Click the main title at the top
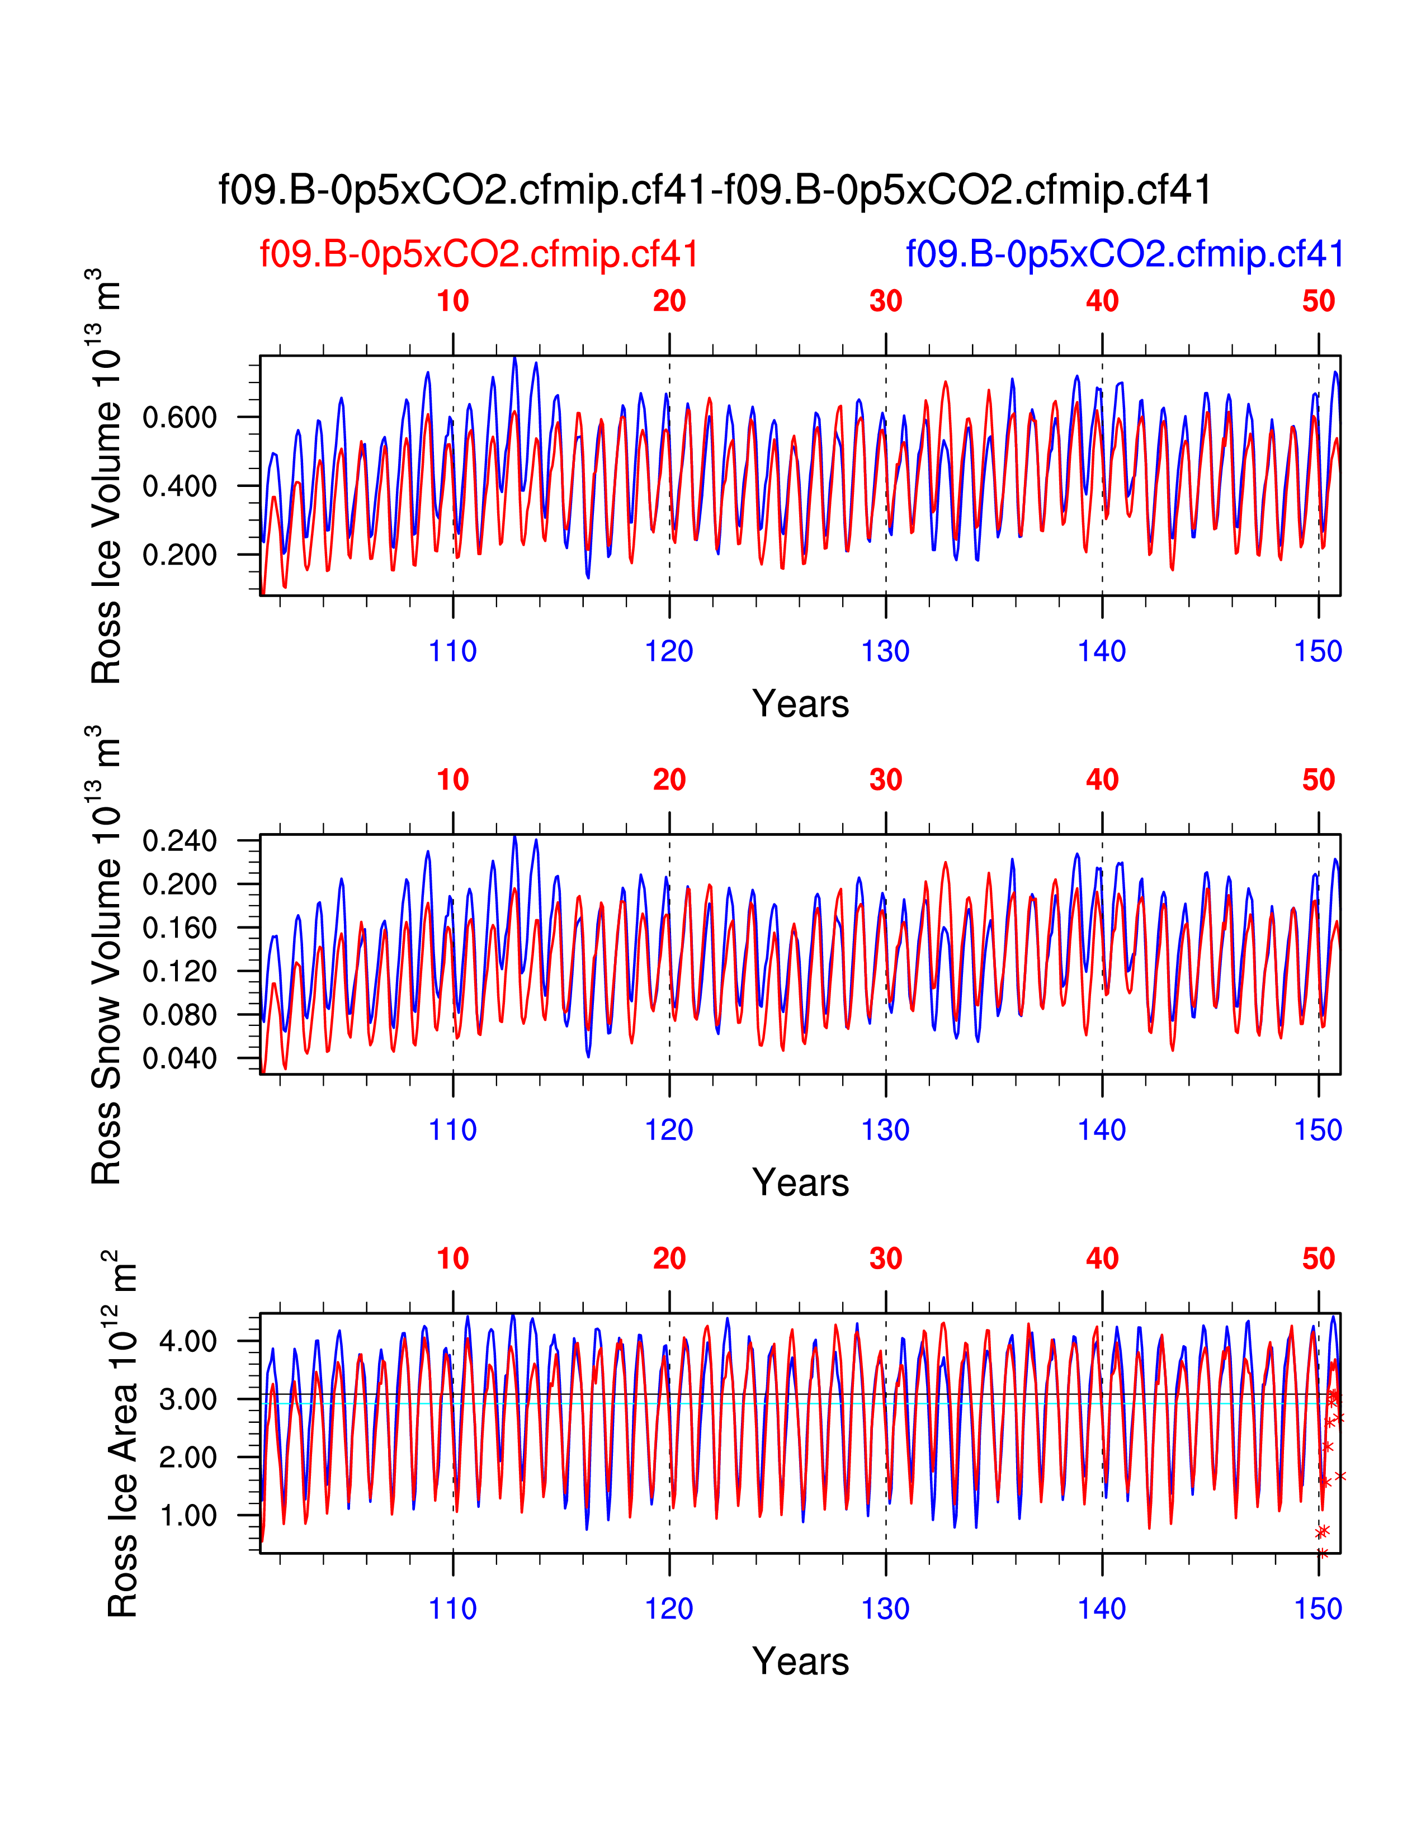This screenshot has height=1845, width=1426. click(x=715, y=190)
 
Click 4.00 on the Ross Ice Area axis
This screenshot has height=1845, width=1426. click(x=187, y=1341)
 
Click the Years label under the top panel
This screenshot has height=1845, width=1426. click(x=800, y=704)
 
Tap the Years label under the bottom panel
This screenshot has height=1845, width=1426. click(x=800, y=1662)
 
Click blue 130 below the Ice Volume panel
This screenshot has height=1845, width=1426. click(x=885, y=651)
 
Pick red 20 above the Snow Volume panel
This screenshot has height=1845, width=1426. click(x=669, y=780)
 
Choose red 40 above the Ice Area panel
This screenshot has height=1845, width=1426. click(x=1102, y=1259)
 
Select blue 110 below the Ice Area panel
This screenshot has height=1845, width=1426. click(x=453, y=1609)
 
